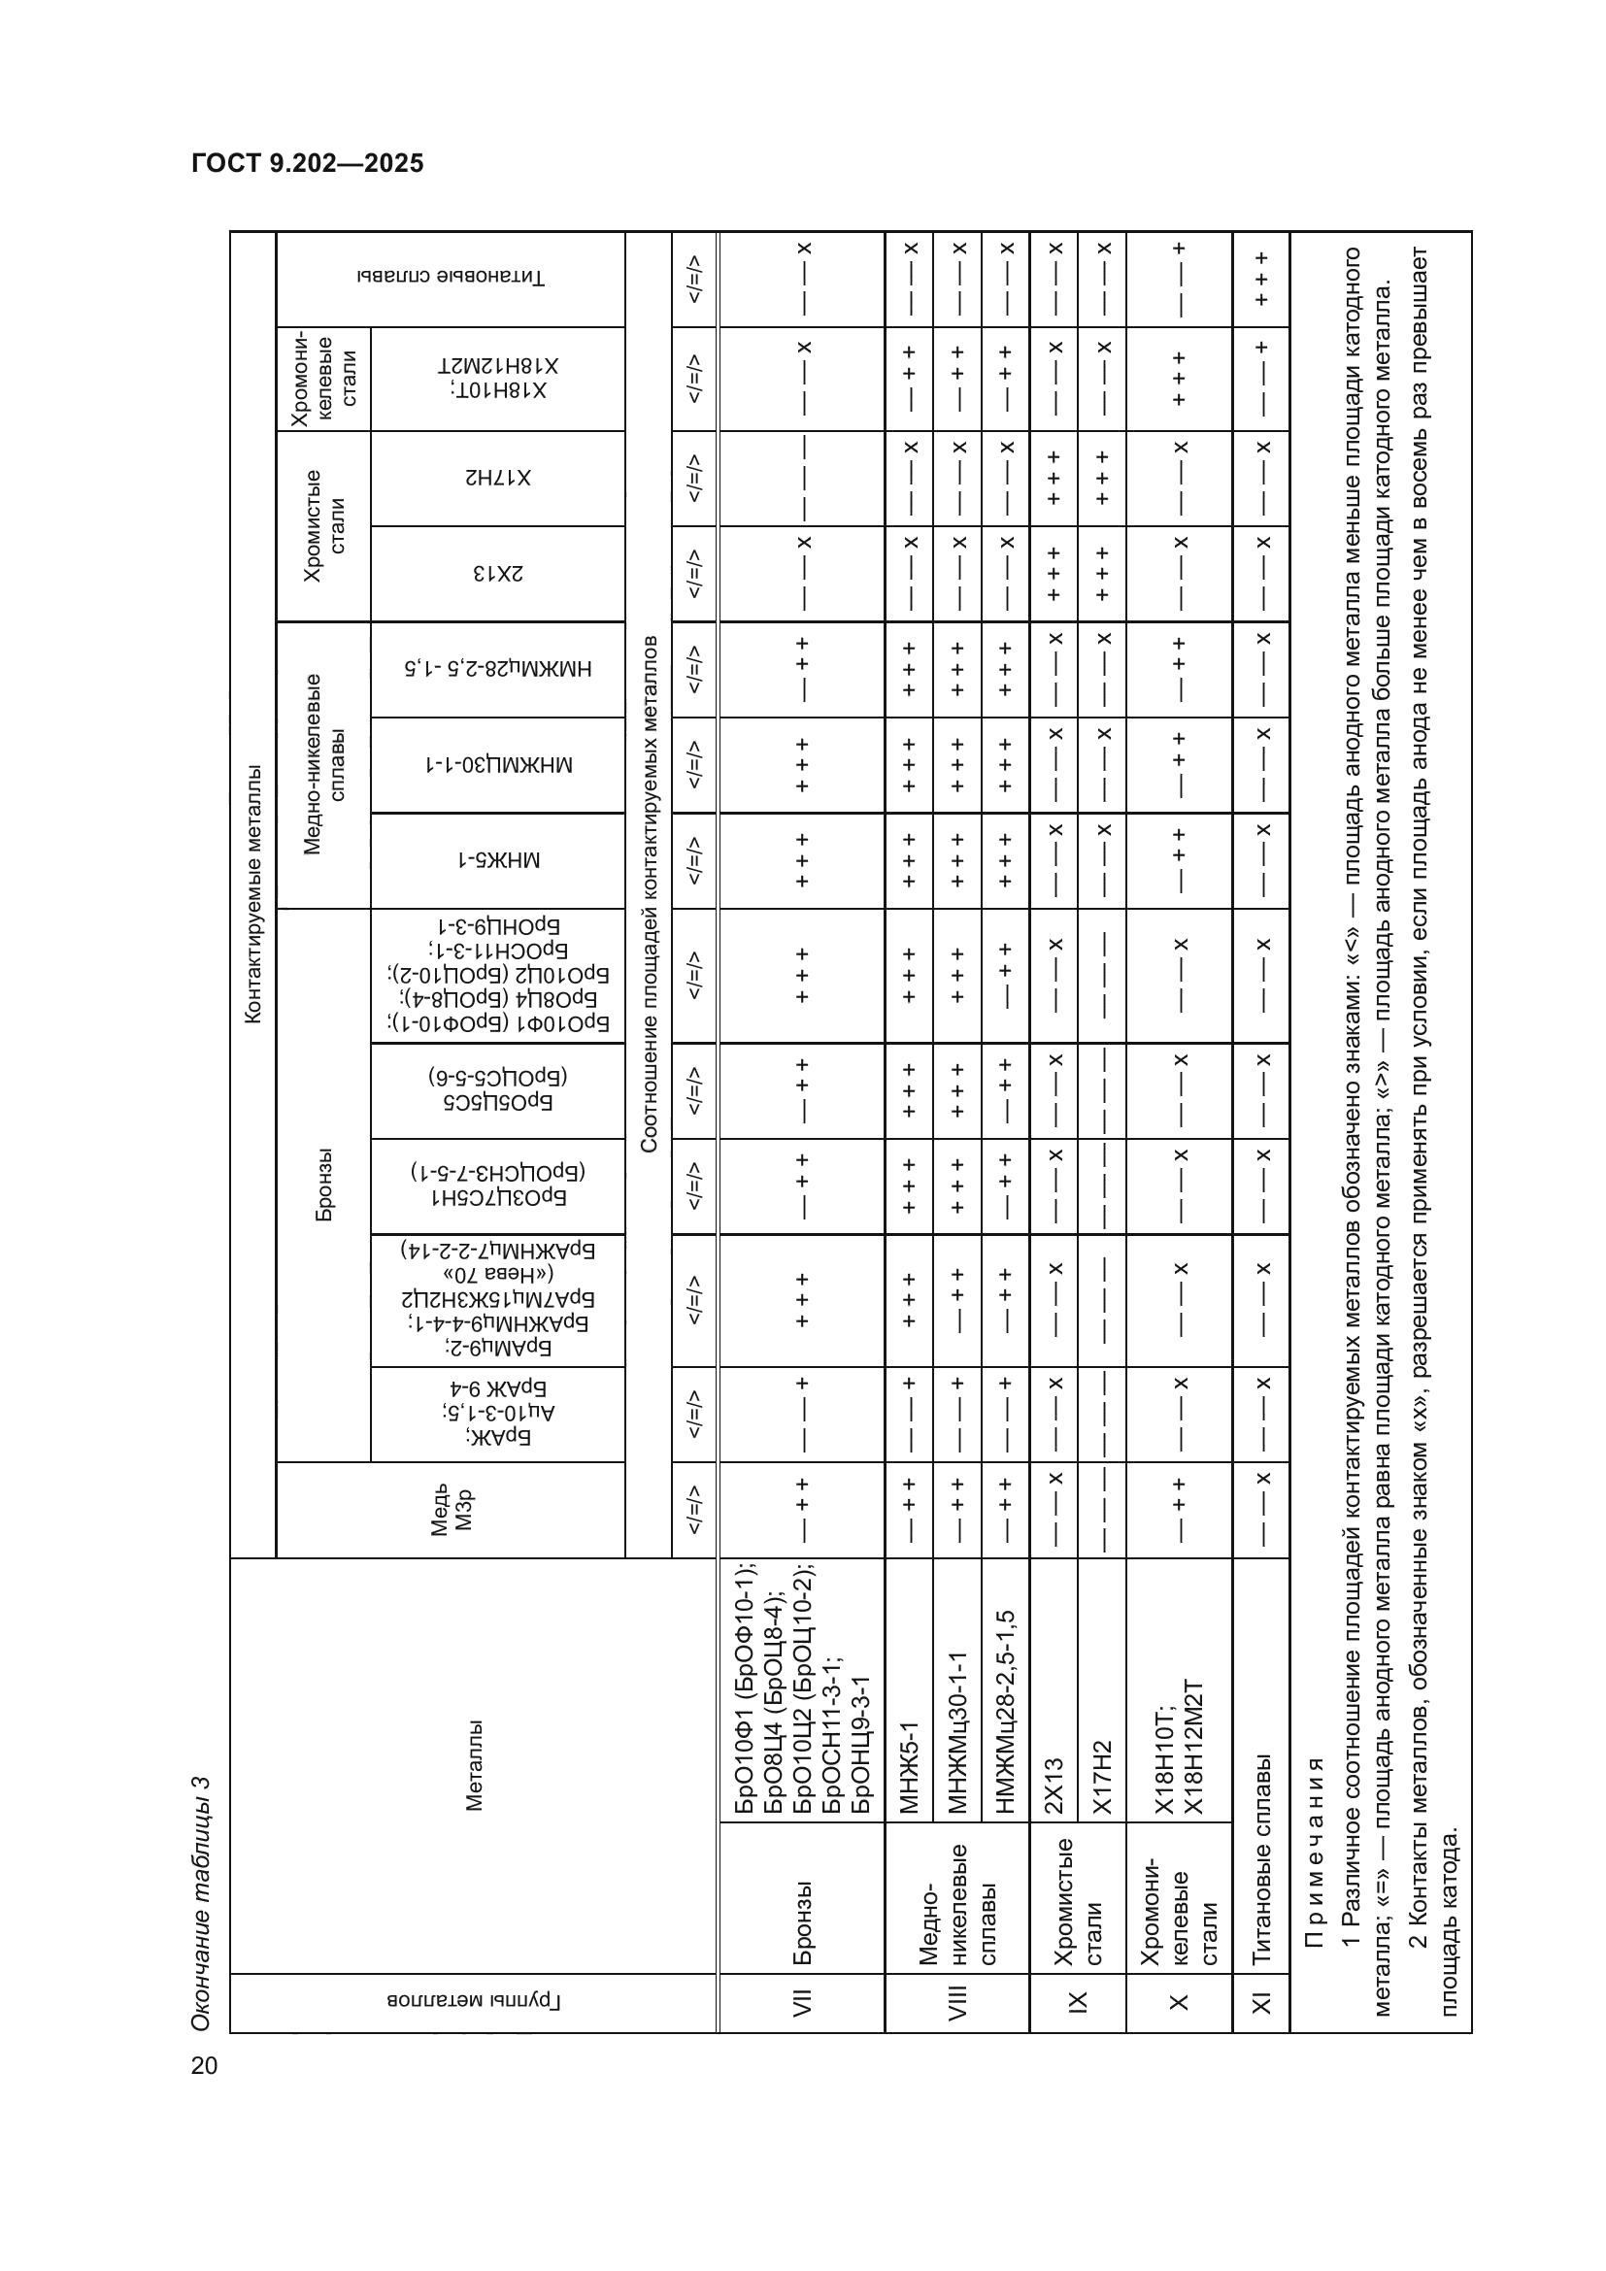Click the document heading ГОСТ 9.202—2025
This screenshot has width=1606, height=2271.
click(x=308, y=164)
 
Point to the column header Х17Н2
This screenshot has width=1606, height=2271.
click(x=497, y=478)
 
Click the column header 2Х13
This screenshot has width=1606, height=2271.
click(x=497, y=574)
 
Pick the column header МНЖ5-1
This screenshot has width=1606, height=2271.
click(x=497, y=860)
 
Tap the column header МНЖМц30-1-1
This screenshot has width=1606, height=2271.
click(x=497, y=764)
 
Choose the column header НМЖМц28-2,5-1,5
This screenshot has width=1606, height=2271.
click(x=497, y=669)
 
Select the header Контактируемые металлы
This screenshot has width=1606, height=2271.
click(x=253, y=893)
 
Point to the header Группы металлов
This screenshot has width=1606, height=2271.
click(x=473, y=2002)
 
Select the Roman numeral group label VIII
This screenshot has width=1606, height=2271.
click(x=956, y=2002)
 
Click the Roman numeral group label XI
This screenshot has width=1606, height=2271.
click(x=1261, y=2002)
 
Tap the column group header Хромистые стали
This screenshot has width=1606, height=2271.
click(x=323, y=525)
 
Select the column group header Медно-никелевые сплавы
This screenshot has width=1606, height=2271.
click(x=323, y=764)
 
